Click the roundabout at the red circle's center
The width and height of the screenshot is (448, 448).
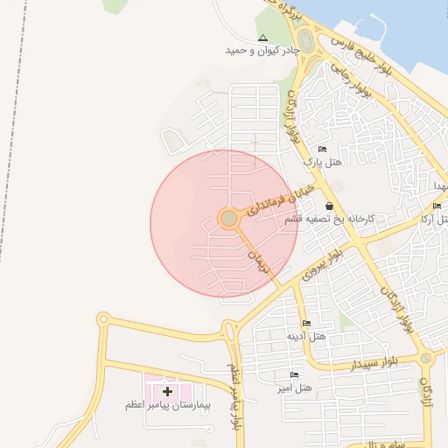[x=228, y=218]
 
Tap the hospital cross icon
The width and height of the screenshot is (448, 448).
[x=167, y=391]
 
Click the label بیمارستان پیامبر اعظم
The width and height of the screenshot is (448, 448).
[x=167, y=406]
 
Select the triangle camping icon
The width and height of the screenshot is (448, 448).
[x=263, y=38]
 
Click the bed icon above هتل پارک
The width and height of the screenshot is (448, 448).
[x=322, y=150]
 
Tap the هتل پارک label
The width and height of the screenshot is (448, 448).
[x=320, y=162]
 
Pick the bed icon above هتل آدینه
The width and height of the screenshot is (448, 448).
[x=306, y=324]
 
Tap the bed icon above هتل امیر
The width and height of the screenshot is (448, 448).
[x=294, y=374]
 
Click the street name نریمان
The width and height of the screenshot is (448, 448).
[x=255, y=259]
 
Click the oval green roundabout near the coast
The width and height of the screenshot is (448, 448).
[x=305, y=40]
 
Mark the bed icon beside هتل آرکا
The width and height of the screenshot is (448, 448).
[x=437, y=206]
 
